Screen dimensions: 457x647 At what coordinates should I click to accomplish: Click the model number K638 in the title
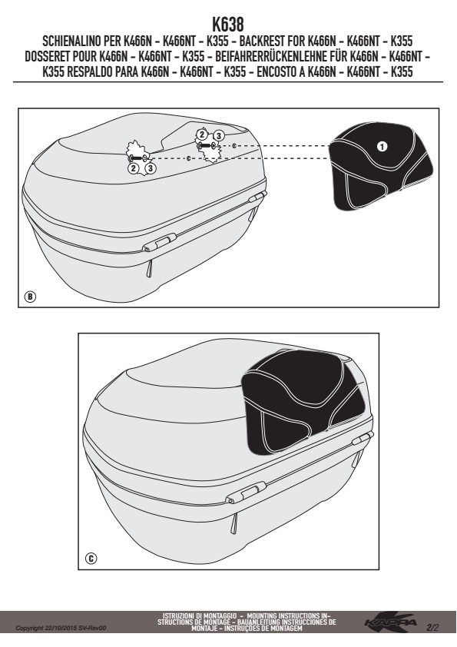pos(228,25)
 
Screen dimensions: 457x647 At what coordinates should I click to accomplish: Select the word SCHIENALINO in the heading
pos(69,41)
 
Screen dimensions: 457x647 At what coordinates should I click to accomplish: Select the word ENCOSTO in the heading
pos(275,72)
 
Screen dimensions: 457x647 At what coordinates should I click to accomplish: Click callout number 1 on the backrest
pos(382,146)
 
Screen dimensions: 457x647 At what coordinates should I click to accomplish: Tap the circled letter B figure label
pos(30,297)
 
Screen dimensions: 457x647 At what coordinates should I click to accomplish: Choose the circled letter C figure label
pos(91,559)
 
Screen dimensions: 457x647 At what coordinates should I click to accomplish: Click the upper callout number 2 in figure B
pos(202,134)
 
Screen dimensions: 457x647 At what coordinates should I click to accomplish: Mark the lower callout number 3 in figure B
pos(151,168)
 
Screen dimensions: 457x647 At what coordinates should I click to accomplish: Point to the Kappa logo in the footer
pos(391,622)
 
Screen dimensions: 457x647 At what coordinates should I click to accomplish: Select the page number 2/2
pos(432,628)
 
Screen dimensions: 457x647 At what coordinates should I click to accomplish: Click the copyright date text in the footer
pos(61,628)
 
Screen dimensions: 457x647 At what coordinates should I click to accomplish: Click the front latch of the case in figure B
pos(160,242)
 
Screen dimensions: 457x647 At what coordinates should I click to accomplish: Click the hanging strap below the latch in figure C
pos(235,523)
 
